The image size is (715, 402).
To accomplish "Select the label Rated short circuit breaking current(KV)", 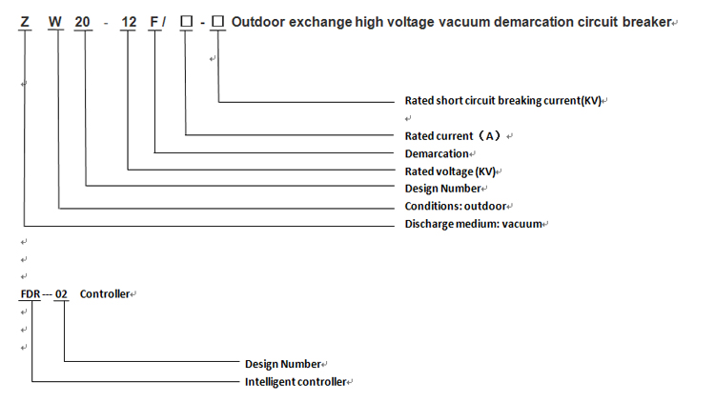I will click(502, 100).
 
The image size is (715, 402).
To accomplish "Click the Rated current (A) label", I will click(453, 136).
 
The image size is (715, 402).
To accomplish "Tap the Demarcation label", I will click(437, 153).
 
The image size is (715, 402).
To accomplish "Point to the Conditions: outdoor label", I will click(457, 206).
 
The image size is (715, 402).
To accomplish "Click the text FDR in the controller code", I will click(31, 294).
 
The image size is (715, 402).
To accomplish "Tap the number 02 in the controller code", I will click(61, 294).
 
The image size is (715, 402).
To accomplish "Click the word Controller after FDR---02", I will click(104, 294).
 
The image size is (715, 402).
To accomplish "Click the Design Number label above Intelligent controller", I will click(283, 364).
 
